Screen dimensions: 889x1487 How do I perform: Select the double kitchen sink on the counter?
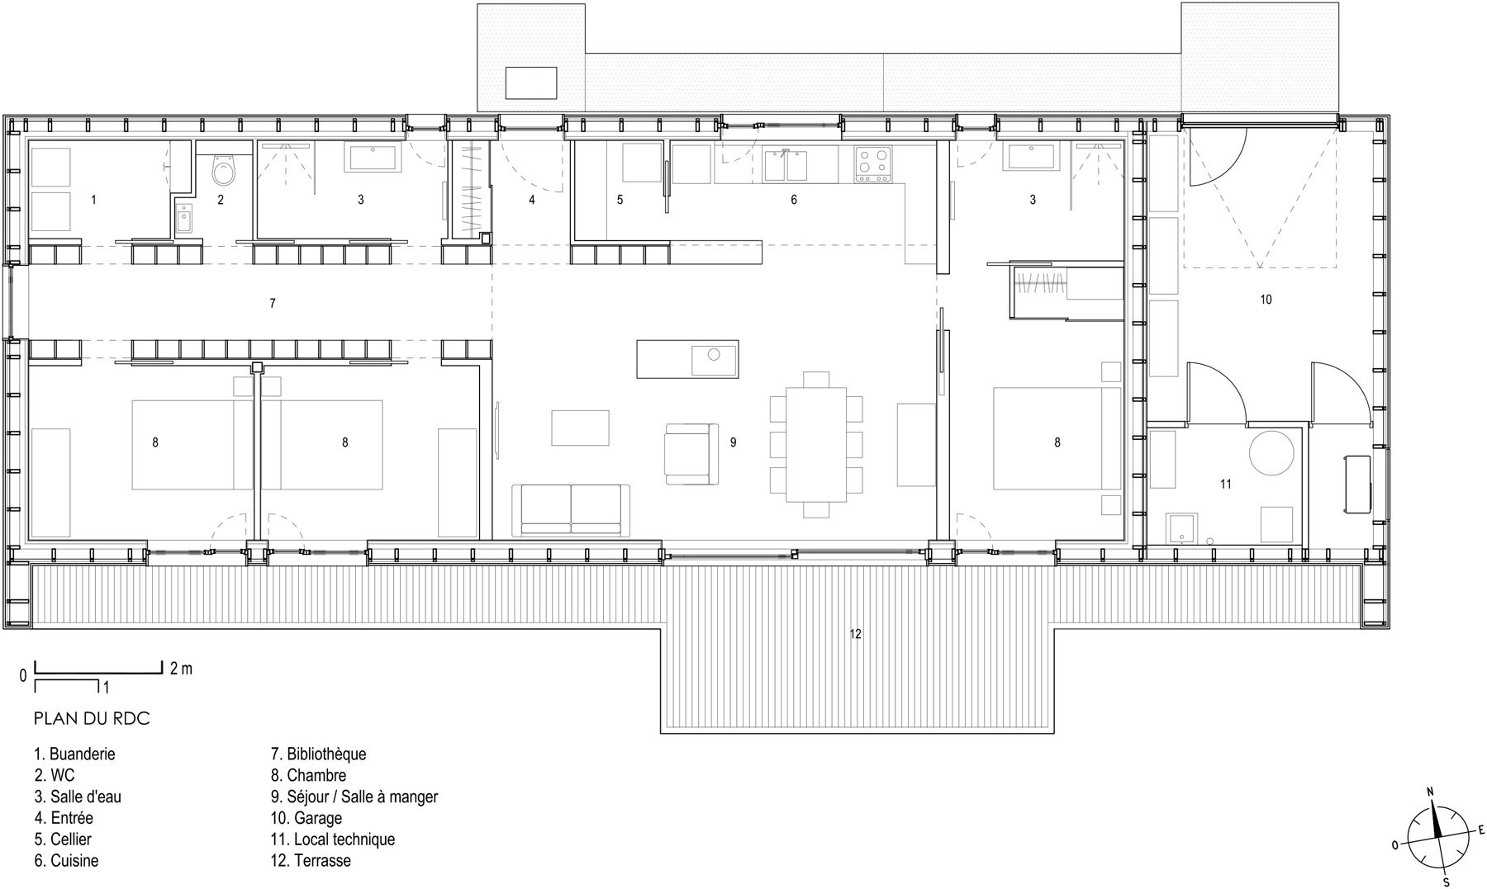pos(785,165)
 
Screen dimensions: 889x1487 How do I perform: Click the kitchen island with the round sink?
pos(687,359)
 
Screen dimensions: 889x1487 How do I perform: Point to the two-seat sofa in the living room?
pos(571,509)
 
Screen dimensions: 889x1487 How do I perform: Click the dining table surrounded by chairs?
pos(816,444)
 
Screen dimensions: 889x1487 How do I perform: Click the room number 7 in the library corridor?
pos(273,304)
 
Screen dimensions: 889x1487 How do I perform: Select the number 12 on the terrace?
pos(855,634)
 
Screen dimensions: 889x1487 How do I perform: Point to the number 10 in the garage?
pos(1266,300)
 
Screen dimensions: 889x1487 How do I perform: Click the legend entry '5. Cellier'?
pos(63,839)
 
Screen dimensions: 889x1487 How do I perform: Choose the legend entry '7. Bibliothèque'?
pos(318,754)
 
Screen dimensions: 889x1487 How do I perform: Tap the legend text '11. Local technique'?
pos(333,839)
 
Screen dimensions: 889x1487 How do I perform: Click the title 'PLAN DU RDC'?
pos(92,719)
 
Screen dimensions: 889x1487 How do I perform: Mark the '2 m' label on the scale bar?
pos(181,669)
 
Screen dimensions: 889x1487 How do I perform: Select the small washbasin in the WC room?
pos(184,219)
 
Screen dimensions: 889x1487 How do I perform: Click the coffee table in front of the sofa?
pos(580,428)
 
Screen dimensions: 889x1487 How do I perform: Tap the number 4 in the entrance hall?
pos(532,200)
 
